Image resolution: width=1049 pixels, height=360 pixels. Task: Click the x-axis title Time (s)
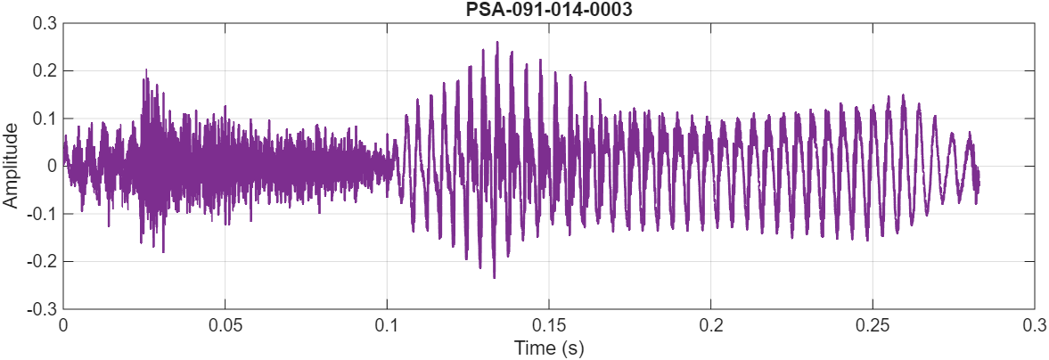[548, 348]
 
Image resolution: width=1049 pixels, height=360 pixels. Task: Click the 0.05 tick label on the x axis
[225, 326]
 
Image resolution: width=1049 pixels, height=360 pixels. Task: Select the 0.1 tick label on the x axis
[387, 326]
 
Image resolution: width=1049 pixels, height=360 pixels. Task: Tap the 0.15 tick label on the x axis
[548, 326]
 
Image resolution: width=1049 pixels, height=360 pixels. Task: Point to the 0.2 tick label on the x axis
[710, 326]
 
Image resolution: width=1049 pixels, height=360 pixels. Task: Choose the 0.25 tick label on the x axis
[872, 326]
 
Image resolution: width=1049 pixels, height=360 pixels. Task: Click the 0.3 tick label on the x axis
[1034, 326]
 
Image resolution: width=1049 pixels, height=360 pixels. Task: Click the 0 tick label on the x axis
[63, 326]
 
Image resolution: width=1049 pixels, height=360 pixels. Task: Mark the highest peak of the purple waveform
[496, 42]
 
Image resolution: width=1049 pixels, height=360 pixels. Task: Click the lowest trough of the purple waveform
[494, 278]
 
